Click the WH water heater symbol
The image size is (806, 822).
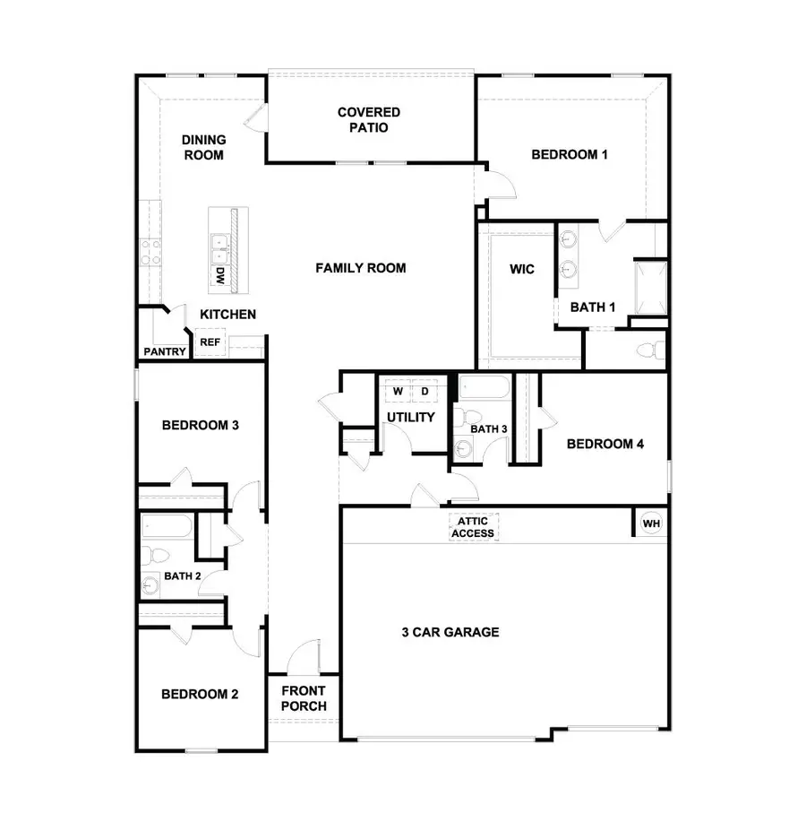[651, 523]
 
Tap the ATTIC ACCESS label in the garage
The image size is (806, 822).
[472, 527]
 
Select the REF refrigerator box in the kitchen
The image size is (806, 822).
[210, 342]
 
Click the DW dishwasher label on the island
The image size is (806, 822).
[219, 277]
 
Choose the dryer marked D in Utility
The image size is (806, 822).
[424, 392]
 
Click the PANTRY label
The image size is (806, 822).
[165, 351]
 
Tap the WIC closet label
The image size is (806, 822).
[522, 269]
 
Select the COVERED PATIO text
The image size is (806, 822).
[369, 119]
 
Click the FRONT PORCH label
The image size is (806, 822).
[304, 698]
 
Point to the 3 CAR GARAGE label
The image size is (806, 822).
[450, 632]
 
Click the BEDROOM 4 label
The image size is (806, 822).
[605, 444]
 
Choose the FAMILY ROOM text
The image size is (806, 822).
[360, 267]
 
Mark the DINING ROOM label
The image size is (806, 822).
[203, 147]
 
